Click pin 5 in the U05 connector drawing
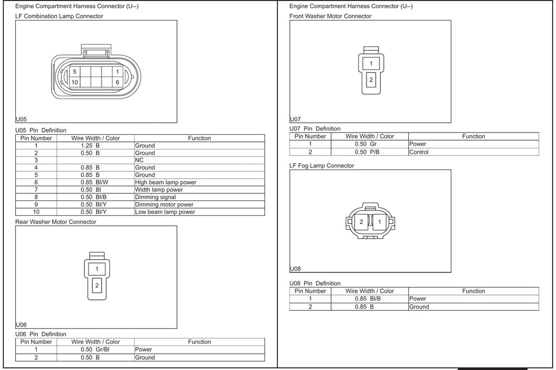click(74, 72)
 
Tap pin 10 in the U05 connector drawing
click(74, 82)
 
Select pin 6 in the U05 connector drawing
click(117, 82)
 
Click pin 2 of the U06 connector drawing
click(97, 286)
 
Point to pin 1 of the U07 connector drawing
click(371, 64)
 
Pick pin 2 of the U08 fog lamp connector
click(361, 222)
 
